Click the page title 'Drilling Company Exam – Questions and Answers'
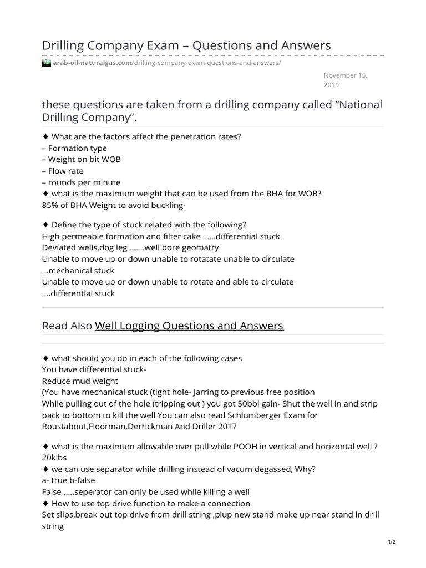186,45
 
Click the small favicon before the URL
47,63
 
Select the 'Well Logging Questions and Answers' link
189,326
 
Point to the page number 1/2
392,542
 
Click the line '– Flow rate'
62,171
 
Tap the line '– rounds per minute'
81,182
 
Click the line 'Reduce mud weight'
80,381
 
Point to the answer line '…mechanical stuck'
78,271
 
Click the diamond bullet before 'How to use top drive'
45,504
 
